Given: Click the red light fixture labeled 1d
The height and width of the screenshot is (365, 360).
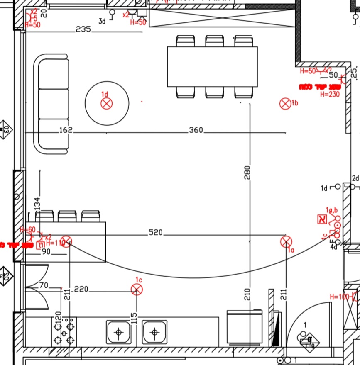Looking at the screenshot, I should (x=107, y=104).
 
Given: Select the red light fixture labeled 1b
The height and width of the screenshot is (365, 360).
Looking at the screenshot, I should (x=286, y=104).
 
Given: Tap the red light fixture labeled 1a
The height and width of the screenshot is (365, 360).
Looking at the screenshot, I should (x=286, y=242).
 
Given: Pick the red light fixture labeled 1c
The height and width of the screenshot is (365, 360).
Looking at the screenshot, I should (x=137, y=290).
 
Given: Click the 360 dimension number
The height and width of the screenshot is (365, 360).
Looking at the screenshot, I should (x=196, y=130).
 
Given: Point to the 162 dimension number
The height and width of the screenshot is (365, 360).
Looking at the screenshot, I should (x=66, y=130).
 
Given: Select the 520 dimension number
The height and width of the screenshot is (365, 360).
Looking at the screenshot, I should (x=156, y=233).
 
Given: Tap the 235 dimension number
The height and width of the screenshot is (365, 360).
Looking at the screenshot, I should (x=83, y=29).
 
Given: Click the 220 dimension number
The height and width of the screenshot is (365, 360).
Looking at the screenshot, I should (x=81, y=289).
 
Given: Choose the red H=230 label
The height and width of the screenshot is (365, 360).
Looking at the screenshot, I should (x=330, y=95).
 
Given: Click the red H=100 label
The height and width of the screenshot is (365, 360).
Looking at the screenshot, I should (x=339, y=297).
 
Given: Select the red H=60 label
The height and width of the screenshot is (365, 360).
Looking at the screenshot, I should (x=28, y=230).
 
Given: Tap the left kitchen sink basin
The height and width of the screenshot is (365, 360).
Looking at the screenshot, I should (x=119, y=332).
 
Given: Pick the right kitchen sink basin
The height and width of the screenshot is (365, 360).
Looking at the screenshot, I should (x=154, y=332).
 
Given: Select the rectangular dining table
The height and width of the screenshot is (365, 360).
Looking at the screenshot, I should (x=212, y=66).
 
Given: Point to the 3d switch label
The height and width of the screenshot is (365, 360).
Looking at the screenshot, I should (x=102, y=21).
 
